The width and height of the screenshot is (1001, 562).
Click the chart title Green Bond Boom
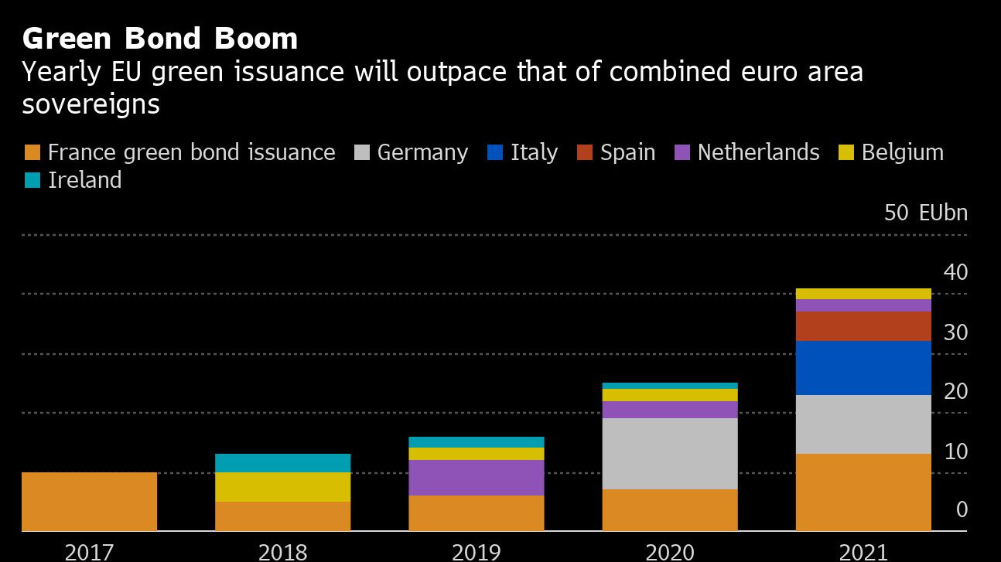click(160, 39)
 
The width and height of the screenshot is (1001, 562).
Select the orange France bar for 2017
click(90, 502)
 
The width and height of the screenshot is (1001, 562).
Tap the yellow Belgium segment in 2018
click(283, 487)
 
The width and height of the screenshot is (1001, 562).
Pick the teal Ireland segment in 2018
click(283, 463)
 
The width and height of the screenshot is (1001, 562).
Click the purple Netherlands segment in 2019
click(477, 478)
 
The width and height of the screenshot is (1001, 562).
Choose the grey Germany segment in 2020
click(670, 454)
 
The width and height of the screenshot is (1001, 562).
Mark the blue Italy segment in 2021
click(863, 368)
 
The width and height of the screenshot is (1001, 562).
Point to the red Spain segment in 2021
click(863, 326)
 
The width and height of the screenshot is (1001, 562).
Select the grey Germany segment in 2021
click(863, 424)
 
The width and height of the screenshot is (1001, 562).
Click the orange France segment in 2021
click(863, 492)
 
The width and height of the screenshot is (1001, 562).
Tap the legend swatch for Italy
click(496, 152)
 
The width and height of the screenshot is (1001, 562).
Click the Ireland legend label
click(85, 180)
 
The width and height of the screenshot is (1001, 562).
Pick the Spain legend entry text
click(627, 152)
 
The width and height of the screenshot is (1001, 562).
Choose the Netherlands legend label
click(758, 152)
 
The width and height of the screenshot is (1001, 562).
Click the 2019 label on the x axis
click(477, 552)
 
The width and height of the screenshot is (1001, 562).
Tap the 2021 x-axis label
click(863, 552)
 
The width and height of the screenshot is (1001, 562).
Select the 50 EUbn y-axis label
click(926, 213)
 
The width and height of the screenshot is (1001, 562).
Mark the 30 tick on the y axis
click(956, 332)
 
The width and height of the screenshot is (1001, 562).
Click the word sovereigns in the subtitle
click(91, 104)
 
